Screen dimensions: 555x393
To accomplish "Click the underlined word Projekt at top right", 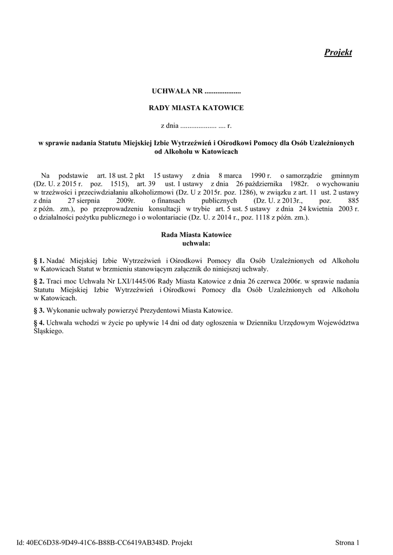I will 338,52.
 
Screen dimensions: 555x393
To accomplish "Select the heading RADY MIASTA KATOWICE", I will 196,108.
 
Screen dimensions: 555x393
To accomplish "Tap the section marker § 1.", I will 38,261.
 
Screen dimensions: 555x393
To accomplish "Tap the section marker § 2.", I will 38,281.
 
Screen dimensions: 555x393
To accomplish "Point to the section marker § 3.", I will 38,311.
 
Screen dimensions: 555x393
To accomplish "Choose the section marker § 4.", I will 38,323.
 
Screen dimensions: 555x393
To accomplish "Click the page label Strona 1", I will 347,543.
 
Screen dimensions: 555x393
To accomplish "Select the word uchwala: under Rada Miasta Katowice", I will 196,243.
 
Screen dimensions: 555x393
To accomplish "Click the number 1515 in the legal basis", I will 118,184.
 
